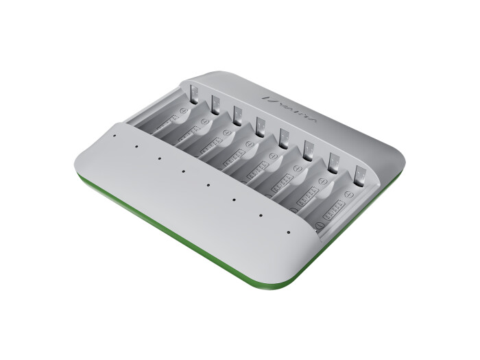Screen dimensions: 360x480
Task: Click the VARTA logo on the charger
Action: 282,109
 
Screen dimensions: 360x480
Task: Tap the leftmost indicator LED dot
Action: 115,136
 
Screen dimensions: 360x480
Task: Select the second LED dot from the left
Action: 136,147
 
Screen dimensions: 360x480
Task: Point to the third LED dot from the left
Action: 159,158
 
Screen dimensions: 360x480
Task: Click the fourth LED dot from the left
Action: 183,171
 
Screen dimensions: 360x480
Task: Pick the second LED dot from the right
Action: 261,216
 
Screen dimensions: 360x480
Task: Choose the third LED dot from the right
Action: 233,200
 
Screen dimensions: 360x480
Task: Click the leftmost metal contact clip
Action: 192,91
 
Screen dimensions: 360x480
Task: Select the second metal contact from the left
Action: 214,102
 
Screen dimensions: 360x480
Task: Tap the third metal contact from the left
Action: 237,113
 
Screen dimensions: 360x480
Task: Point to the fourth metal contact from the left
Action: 261,125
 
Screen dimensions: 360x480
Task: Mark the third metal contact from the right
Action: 308,148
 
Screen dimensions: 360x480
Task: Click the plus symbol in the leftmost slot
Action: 183,110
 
